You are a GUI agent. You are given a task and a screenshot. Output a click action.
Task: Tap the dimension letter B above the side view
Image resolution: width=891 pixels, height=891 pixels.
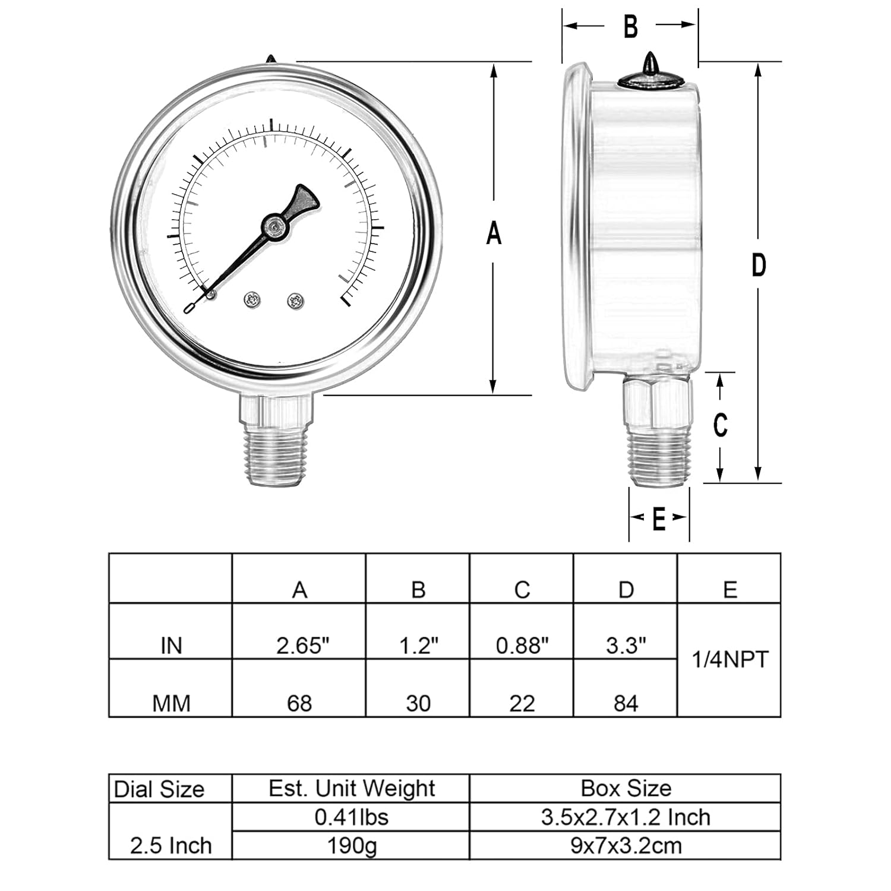(630, 27)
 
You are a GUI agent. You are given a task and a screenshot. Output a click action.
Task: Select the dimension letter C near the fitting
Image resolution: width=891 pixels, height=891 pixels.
(721, 425)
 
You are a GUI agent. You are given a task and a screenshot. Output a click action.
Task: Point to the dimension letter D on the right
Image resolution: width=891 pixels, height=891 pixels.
(759, 265)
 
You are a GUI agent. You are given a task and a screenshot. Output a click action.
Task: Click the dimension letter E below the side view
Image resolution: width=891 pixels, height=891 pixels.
(659, 520)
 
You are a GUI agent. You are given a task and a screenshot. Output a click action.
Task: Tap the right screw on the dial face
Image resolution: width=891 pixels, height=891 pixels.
(296, 301)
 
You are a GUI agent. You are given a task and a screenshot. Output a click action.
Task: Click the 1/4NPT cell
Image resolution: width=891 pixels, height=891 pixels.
(730, 659)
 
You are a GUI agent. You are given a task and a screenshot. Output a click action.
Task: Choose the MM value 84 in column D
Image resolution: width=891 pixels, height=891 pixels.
(625, 704)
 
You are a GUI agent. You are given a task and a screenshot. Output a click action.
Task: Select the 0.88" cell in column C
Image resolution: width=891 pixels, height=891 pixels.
(522, 646)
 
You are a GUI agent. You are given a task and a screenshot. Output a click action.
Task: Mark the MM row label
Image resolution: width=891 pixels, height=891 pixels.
(171, 704)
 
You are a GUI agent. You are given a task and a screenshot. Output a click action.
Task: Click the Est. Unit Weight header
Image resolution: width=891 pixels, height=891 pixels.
(352, 789)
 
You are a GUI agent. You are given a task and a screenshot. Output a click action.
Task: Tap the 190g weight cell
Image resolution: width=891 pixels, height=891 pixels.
(352, 846)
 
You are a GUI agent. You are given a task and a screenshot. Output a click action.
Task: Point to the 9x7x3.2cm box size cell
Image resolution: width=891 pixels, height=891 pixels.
(625, 846)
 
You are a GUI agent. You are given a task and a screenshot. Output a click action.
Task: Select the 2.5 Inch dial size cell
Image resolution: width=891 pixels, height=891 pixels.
(171, 845)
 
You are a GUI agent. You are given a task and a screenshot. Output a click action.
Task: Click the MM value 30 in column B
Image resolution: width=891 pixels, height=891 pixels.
(418, 704)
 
